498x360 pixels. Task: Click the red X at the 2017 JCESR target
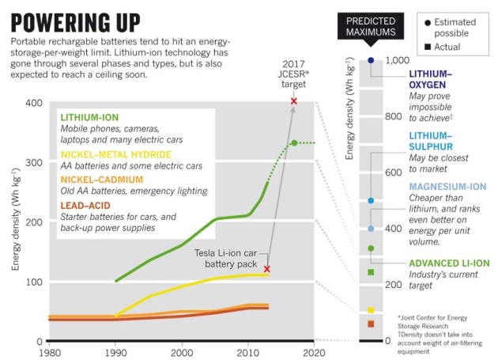(294, 101)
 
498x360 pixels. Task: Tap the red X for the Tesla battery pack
(266, 269)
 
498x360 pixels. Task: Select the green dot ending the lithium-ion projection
(294, 143)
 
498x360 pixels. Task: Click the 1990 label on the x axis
(116, 352)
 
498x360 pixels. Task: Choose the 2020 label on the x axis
(313, 352)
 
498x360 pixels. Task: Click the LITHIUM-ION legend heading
(89, 116)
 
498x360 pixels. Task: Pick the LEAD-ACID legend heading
(87, 205)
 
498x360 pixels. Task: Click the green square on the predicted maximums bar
(371, 272)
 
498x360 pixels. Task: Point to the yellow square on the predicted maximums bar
(371, 310)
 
